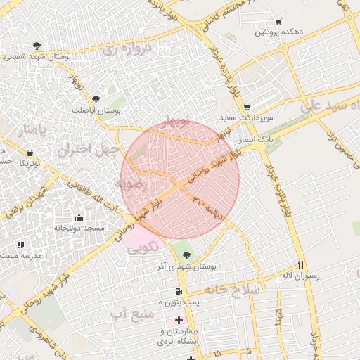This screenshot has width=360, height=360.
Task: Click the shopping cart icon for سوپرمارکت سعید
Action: tap(247, 108)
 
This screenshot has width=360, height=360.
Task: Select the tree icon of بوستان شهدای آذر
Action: tap(186, 255)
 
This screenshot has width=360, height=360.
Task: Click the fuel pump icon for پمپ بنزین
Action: tap(178, 292)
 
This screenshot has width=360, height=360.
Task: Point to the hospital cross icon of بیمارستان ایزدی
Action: tap(179, 321)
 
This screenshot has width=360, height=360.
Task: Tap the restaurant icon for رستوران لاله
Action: tap(301, 264)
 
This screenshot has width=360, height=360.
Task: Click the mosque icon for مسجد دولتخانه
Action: tap(78, 217)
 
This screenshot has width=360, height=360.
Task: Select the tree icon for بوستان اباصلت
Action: tap(96, 99)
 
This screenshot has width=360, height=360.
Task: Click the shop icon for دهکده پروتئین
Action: tap(279, 21)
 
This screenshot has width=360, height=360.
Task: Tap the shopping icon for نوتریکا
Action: tap(30, 153)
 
